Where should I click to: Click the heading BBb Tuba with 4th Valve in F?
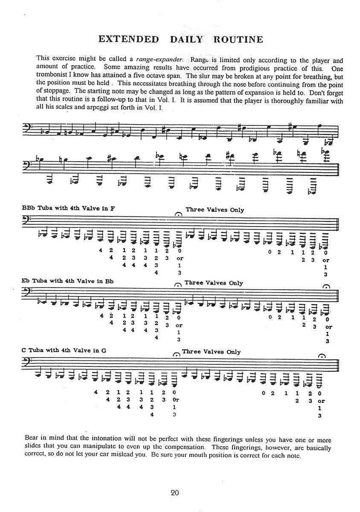click(68, 209)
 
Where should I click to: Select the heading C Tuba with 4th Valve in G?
click(63, 350)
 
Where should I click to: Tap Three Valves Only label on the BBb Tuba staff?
click(215, 210)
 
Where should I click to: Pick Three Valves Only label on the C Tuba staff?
click(211, 352)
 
